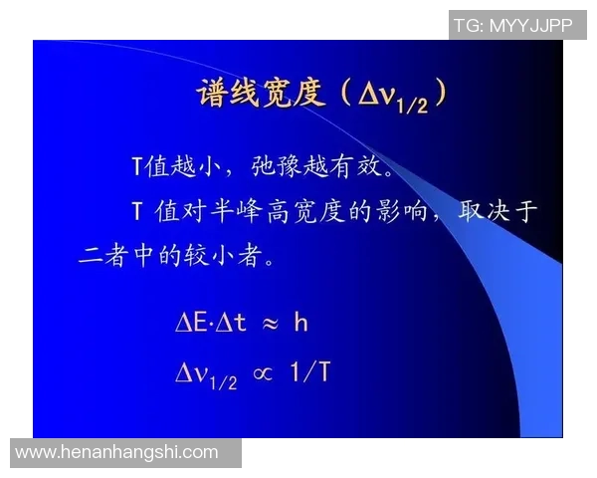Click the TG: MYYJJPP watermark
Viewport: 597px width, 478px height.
pos(513,25)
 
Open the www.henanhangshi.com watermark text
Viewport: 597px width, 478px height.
pos(117,452)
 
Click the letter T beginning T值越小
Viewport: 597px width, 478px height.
pos(137,164)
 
